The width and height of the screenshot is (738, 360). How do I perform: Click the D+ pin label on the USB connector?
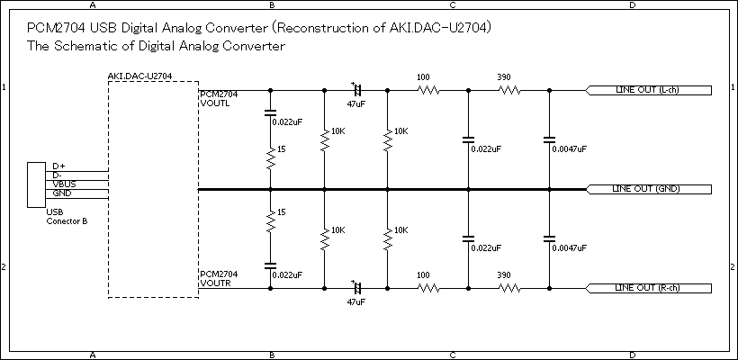(x=58, y=166)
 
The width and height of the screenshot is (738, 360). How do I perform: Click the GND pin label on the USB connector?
(x=61, y=193)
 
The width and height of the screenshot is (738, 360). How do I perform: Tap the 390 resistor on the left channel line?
(x=509, y=90)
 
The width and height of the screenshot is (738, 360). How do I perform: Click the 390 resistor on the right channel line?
(x=509, y=288)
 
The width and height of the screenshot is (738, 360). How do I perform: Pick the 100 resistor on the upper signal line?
(x=428, y=90)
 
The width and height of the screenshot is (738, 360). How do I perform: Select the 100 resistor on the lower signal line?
(x=428, y=288)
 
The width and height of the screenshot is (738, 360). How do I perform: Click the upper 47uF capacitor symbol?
(x=356, y=90)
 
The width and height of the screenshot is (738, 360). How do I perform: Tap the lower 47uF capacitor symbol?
(x=356, y=288)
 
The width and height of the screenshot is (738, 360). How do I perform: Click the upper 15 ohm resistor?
(x=270, y=160)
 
